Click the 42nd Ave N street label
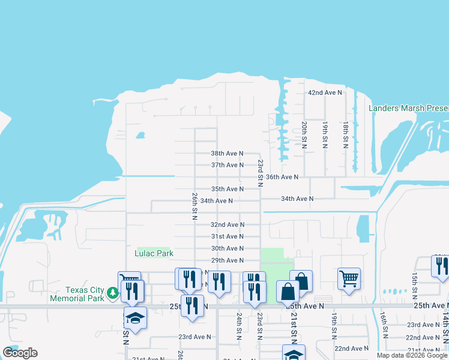pyautogui.click(x=325, y=93)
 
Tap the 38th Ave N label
pyautogui.click(x=227, y=153)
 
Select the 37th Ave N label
pyautogui.click(x=227, y=165)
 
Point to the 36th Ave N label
pyautogui.click(x=282, y=177)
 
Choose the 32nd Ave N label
pyautogui.click(x=227, y=225)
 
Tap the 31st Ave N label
pyautogui.click(x=227, y=237)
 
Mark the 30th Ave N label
pyautogui.click(x=227, y=248)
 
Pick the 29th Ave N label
pyautogui.click(x=227, y=260)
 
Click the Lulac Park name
pyautogui.click(x=154, y=254)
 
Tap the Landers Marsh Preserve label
pyautogui.click(x=408, y=109)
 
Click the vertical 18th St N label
pyautogui.click(x=346, y=135)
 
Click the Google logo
pyautogui.click(x=20, y=353)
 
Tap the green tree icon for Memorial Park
pyautogui.click(x=112, y=293)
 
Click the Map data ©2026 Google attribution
pyautogui.click(x=412, y=355)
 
